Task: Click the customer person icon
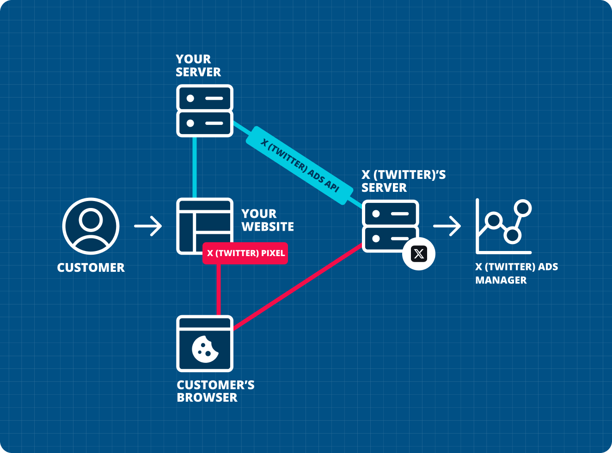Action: point(91,226)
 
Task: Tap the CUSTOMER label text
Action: point(91,268)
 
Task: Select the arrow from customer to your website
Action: point(148,226)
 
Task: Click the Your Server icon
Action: point(204,111)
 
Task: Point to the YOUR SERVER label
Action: point(198,66)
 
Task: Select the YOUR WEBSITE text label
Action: point(267,220)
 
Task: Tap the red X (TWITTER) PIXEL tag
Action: point(245,253)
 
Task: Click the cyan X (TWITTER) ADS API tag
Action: point(300,165)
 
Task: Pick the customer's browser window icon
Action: point(205,343)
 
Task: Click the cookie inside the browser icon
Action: point(205,349)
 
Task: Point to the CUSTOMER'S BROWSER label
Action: point(215,391)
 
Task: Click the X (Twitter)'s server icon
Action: point(390,226)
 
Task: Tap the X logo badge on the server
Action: point(419,254)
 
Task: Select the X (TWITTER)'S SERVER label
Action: point(403,181)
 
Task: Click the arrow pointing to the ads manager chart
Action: point(447,226)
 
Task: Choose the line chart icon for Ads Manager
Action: point(503,226)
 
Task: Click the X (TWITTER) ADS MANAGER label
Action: point(516,273)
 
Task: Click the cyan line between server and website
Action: point(195,167)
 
